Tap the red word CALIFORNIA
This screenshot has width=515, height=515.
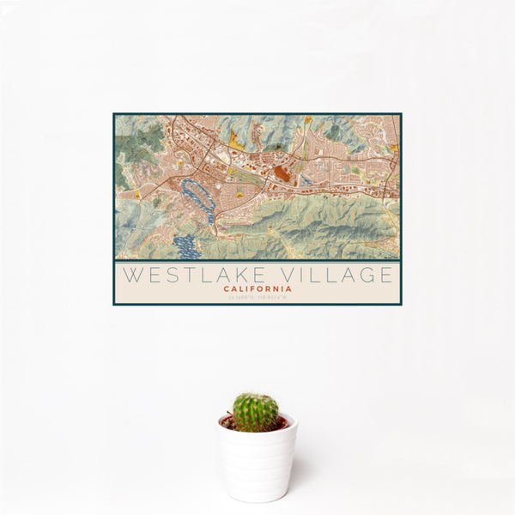(x=257, y=289)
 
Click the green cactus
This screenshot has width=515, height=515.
(x=256, y=411)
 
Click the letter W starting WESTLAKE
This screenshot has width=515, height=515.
(x=131, y=276)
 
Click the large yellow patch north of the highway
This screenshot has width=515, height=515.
(x=235, y=137)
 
